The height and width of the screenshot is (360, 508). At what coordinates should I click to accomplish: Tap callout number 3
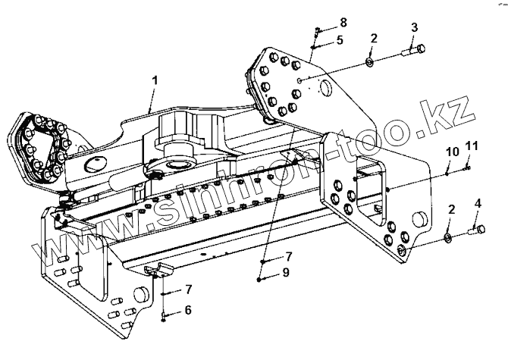414,27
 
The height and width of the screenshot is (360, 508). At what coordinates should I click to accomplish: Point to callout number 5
340,40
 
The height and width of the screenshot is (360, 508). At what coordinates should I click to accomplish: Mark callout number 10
452,152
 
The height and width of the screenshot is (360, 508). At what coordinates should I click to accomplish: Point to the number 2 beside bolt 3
373,38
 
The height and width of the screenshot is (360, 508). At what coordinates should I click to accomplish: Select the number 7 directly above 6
188,289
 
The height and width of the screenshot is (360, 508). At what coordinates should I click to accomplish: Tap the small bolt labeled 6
164,314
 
